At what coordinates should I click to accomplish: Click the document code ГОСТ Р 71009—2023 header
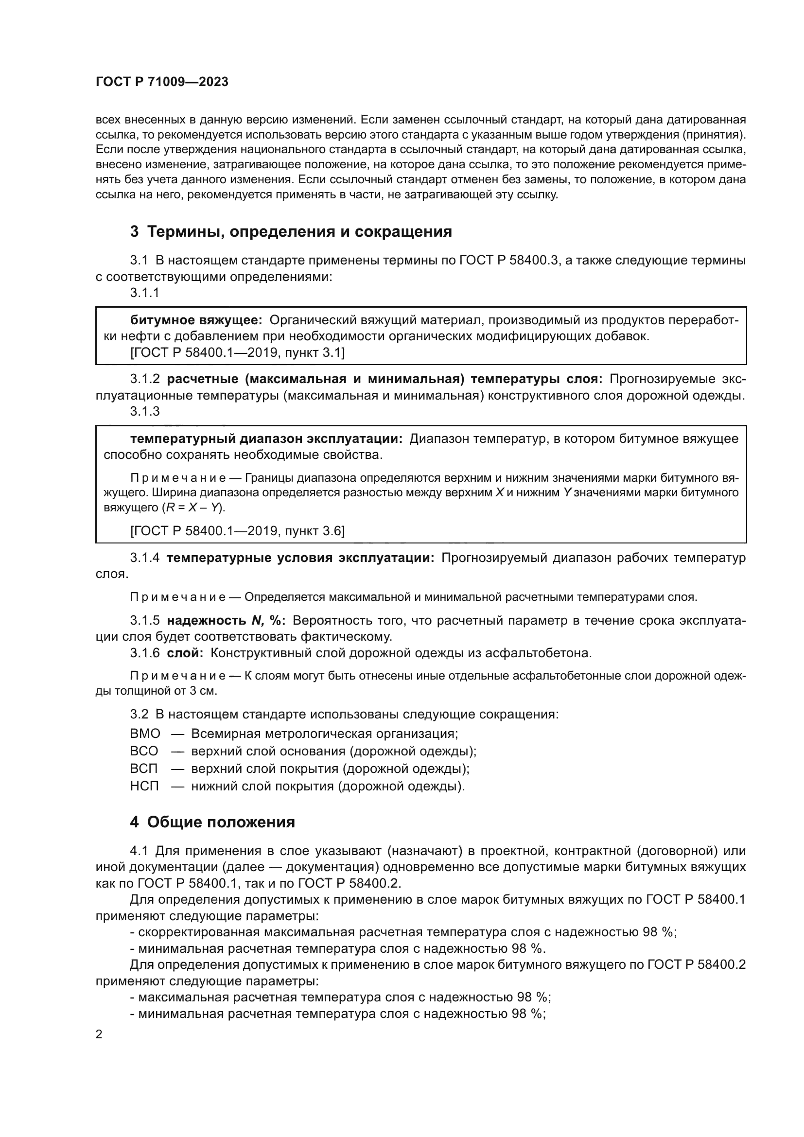[162, 82]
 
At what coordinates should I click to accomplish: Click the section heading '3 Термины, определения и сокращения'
[291, 231]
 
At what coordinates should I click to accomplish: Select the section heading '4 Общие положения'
[212, 822]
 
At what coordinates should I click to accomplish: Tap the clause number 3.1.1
[144, 293]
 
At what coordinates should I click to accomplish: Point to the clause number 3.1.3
[144, 412]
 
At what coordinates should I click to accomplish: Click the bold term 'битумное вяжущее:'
[196, 320]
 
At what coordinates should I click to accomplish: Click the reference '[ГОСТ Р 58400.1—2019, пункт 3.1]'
[238, 352]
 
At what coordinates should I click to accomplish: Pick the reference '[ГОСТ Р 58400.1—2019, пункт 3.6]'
[238, 531]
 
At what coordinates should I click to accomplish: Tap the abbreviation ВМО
[145, 734]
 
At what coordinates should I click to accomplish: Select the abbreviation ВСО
[144, 751]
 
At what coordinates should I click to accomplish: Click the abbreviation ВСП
[144, 769]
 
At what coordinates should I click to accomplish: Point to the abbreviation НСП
[144, 786]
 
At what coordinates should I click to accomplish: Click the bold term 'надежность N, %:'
[226, 620]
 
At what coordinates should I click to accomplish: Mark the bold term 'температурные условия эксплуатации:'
[300, 558]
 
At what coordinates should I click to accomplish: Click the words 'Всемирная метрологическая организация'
[324, 734]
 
